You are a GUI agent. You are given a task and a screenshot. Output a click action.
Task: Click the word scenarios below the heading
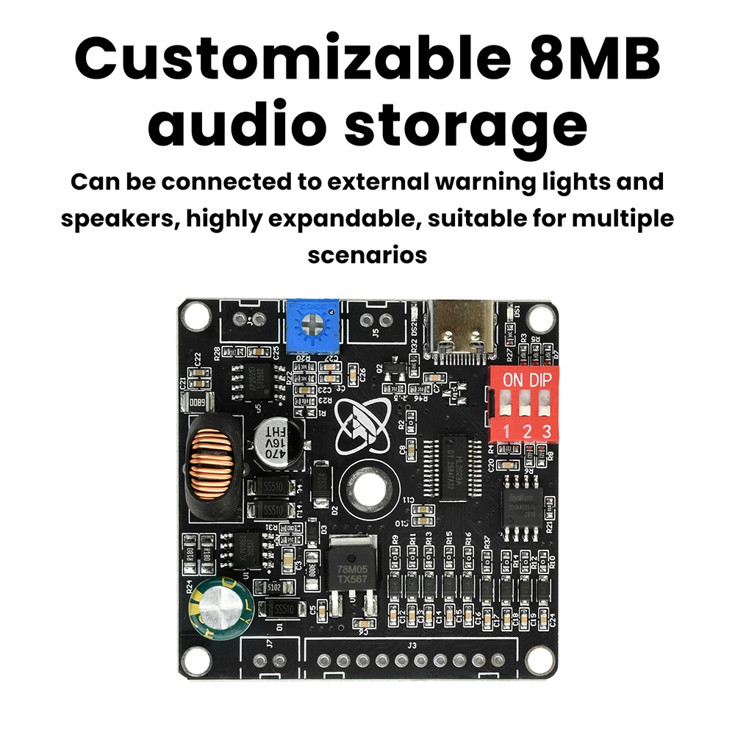pyautogui.click(x=367, y=255)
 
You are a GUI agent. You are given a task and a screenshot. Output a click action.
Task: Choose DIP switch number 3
pyautogui.click(x=545, y=405)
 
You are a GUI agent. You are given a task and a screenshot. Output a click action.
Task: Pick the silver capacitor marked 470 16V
pyautogui.click(x=276, y=445)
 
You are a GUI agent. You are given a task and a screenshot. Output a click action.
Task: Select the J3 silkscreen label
pyautogui.click(x=412, y=645)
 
